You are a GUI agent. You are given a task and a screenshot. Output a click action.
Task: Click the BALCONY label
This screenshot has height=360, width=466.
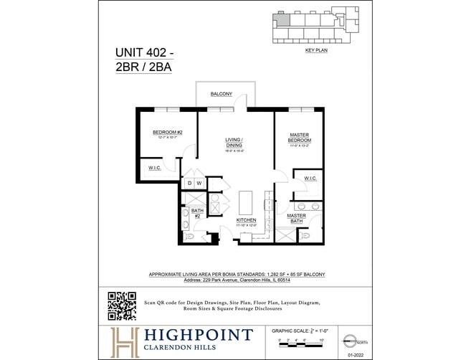tap(221, 95)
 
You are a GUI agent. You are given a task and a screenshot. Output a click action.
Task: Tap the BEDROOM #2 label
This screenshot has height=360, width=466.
tap(168, 133)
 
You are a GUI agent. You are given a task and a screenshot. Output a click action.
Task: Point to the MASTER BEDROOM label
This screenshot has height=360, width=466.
tap(299, 137)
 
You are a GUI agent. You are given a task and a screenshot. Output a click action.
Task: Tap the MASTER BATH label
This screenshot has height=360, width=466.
tap(297, 218)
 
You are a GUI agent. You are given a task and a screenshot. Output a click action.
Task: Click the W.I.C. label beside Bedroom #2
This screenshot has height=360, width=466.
tap(155, 168)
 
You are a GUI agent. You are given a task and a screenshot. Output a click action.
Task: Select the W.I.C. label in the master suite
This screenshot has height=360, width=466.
tap(310, 178)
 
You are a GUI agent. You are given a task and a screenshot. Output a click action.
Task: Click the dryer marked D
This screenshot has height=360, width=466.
tap(189, 184)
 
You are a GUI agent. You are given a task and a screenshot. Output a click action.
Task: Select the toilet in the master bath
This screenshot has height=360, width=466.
tap(307, 234)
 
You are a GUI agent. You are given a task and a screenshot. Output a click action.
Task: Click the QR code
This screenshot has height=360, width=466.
tap(122, 305)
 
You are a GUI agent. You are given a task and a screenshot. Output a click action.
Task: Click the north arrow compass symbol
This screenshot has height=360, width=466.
tap(348, 340)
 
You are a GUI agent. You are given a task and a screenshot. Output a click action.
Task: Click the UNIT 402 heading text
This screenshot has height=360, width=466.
tap(144, 52)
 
